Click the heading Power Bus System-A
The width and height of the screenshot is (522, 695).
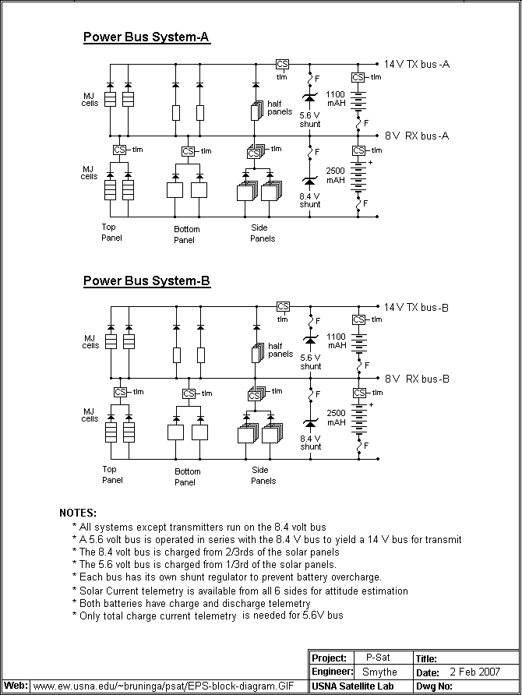coord(146,37)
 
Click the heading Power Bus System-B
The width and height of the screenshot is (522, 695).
coord(146,280)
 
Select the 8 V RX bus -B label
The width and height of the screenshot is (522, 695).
coord(417,379)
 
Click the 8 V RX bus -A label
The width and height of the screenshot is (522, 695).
coord(417,136)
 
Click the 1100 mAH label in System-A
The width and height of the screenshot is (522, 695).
coord(336,98)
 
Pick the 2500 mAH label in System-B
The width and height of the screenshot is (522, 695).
coord(336,418)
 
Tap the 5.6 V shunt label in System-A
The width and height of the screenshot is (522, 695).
coord(310,118)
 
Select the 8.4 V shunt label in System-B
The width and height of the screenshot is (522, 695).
coord(310,443)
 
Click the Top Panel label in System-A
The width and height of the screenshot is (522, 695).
coord(112,232)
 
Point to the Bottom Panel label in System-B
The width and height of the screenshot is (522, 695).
coord(187,477)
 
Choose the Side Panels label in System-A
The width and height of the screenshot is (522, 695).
coord(263,233)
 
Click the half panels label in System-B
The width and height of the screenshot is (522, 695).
coord(280,350)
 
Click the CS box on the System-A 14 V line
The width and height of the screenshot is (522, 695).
coord(282,64)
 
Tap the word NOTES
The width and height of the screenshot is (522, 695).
coord(78,513)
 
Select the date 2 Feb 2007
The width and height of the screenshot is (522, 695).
coord(475,672)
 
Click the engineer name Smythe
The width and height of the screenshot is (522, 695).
coord(379,672)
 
